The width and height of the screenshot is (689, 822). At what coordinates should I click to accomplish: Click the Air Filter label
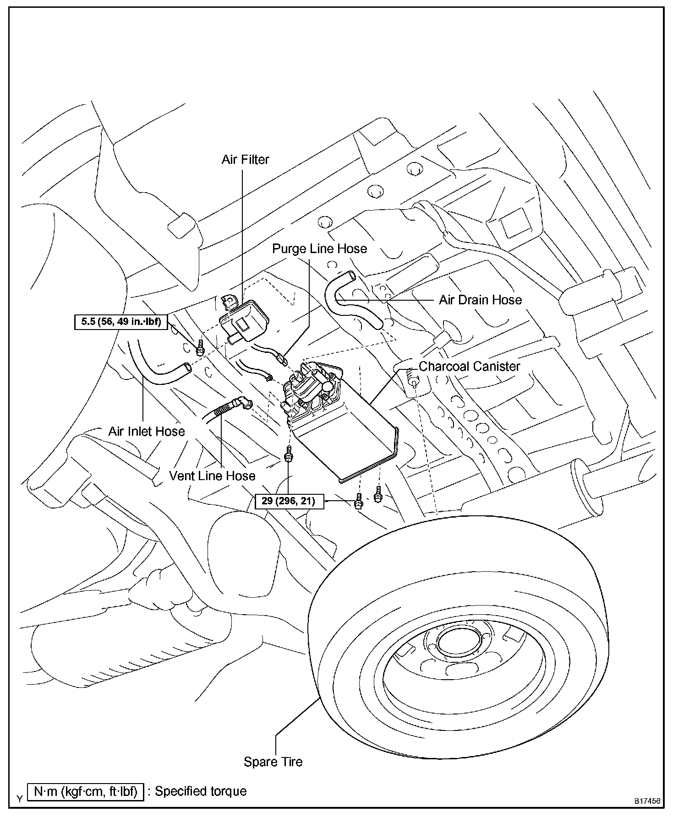click(x=245, y=160)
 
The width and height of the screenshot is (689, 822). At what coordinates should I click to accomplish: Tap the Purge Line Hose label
click(x=319, y=249)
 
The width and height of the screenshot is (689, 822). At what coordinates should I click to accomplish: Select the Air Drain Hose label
click(x=480, y=300)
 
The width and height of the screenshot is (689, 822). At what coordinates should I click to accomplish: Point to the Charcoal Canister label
click(x=470, y=367)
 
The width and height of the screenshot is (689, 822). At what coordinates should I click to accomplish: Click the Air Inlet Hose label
click(x=147, y=431)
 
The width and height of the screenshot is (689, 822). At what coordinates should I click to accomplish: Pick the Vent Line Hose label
click(x=212, y=476)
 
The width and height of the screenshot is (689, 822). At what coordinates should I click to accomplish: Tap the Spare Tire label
click(x=273, y=762)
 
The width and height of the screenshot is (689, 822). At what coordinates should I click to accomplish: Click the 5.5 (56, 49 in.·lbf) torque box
click(x=121, y=321)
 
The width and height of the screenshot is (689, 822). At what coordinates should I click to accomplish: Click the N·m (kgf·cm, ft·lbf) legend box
click(x=86, y=791)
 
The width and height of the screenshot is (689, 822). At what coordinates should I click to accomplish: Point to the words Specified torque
click(x=201, y=791)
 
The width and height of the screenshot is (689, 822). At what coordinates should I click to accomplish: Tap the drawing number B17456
click(x=647, y=801)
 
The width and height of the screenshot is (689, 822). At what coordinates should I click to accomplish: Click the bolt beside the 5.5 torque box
click(x=200, y=350)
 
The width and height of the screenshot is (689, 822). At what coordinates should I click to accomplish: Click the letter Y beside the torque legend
click(x=20, y=799)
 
